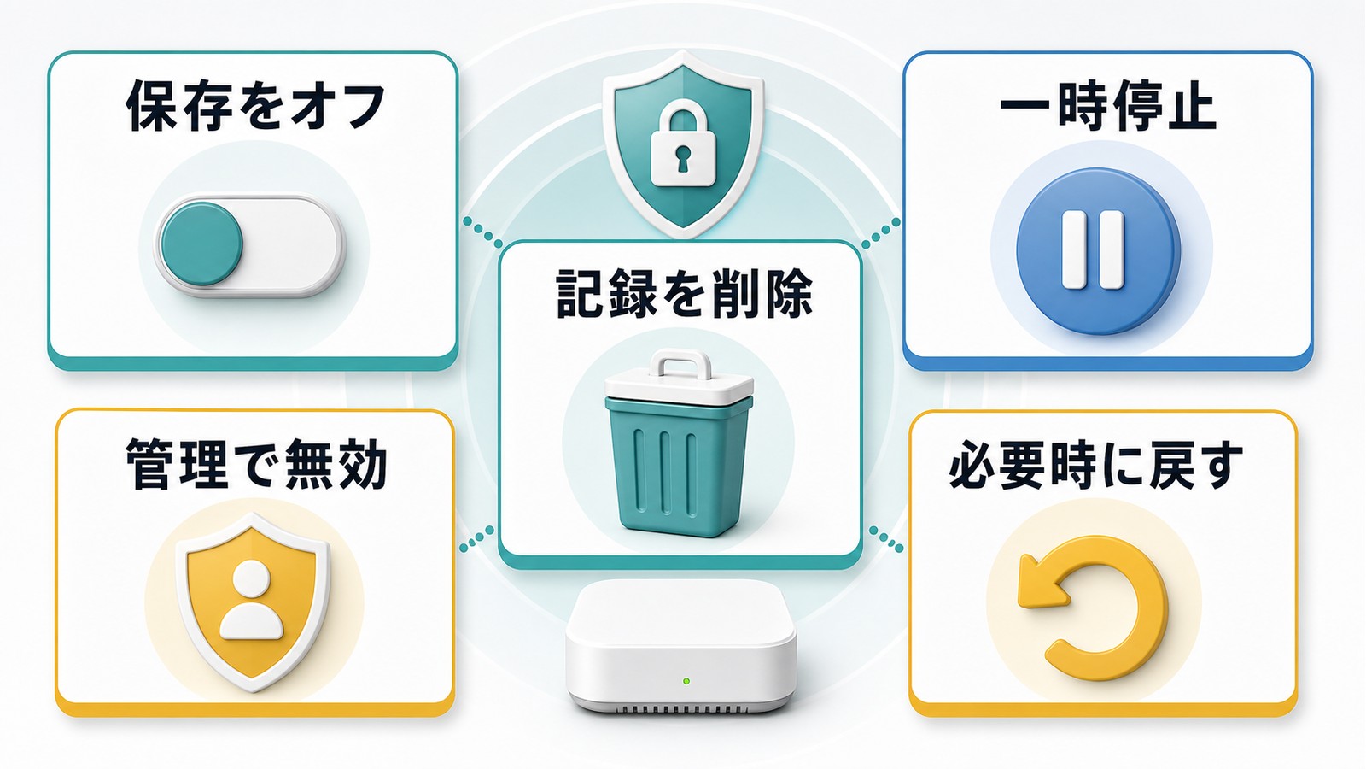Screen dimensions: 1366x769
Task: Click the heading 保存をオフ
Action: pos(255,107)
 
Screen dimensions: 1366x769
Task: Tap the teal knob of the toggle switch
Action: pos(201,244)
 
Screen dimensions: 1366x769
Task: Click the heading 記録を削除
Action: pos(684,294)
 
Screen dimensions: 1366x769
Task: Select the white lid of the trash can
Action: pos(680,388)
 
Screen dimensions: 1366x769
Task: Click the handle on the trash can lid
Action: pos(680,364)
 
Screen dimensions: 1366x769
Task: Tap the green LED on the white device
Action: pos(686,680)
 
